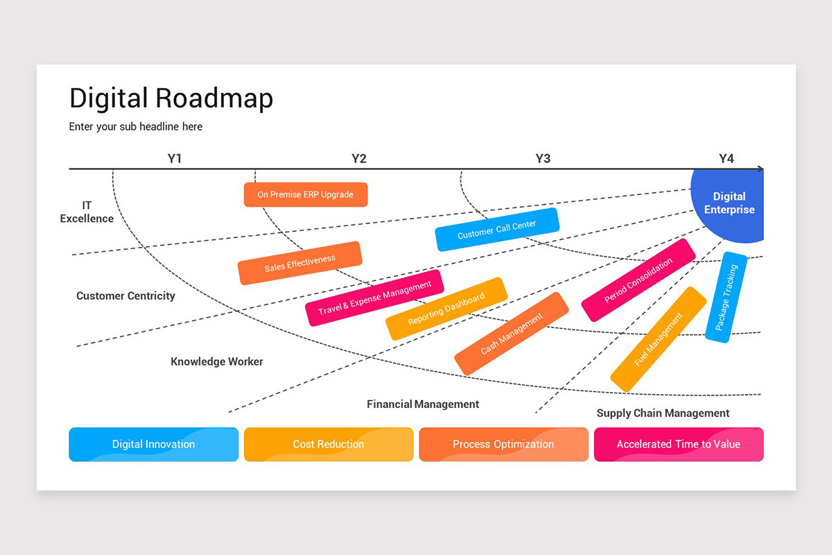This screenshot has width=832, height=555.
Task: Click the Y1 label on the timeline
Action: [x=175, y=159]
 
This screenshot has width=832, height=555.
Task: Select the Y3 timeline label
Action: [x=543, y=159]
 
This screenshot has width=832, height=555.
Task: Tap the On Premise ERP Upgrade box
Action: [x=306, y=195]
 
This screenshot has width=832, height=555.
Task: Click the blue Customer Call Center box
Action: [x=497, y=230]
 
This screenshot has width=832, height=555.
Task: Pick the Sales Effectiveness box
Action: [x=300, y=263]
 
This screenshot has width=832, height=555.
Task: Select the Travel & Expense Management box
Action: [x=374, y=298]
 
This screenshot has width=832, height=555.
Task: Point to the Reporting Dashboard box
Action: [x=447, y=309]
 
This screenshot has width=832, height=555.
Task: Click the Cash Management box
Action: [x=512, y=334]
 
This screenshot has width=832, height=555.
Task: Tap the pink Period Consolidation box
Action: [x=639, y=280]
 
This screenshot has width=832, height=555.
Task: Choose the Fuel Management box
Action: [x=659, y=339]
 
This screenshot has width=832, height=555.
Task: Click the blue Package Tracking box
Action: [x=727, y=297]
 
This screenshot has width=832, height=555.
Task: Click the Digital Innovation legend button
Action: [x=154, y=444]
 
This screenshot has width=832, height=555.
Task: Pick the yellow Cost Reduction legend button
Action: [x=329, y=444]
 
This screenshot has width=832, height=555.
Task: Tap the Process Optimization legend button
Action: [x=503, y=444]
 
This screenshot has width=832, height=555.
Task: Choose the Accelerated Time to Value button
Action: [x=679, y=444]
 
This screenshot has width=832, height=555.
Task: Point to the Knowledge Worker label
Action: [x=217, y=361]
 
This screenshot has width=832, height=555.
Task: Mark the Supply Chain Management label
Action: [x=663, y=413]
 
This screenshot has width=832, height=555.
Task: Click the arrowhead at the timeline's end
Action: [x=761, y=169]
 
